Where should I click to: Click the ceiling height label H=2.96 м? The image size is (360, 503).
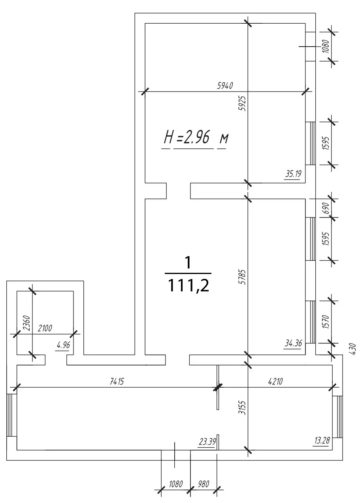196,137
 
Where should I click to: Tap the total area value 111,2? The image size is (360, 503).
188,285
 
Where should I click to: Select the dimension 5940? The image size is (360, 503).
225,86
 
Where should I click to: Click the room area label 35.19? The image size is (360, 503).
293,174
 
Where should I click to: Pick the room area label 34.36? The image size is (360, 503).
293,343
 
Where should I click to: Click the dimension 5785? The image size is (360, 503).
243,277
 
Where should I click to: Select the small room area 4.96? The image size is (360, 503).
64,345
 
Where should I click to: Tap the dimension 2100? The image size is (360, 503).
45,328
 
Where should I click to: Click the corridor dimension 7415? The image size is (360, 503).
117,381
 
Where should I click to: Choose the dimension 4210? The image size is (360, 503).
275,381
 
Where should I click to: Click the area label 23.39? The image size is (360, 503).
207,442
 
